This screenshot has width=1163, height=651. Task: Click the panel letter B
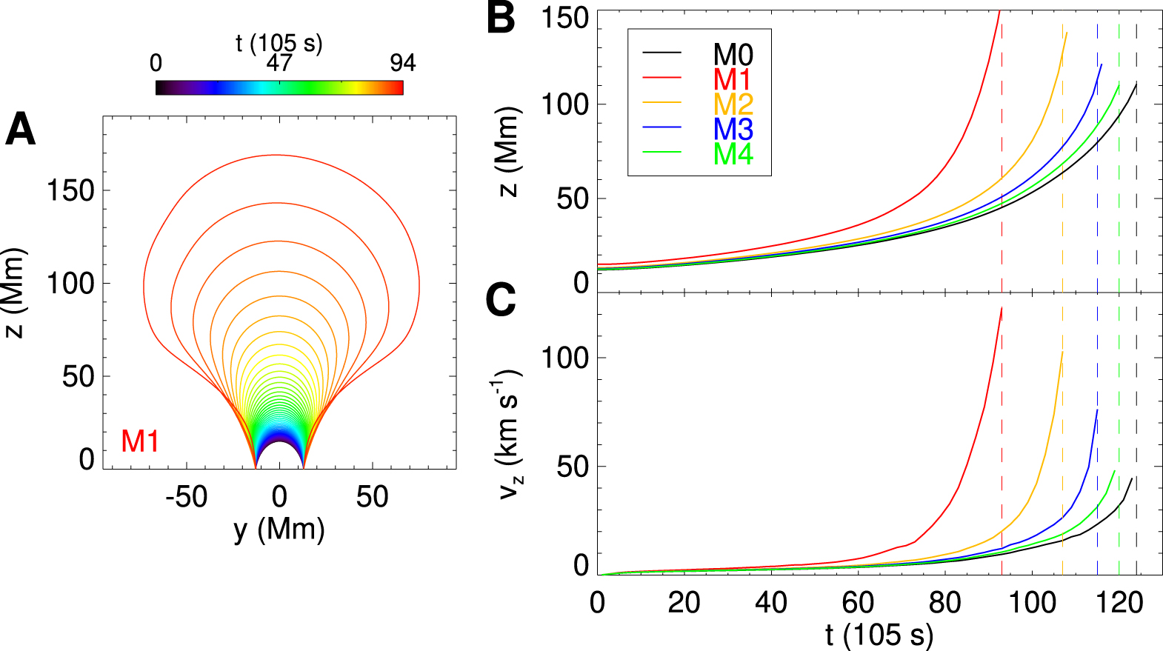(501, 18)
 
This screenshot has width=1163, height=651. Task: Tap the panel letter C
(501, 300)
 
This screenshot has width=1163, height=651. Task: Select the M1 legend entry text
(733, 79)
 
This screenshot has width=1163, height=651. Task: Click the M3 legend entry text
(733, 130)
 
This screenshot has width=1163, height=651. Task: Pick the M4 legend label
(733, 155)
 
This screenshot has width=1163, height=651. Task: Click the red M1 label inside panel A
(140, 441)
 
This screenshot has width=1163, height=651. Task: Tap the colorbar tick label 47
(279, 63)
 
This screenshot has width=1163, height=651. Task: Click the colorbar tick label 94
(403, 63)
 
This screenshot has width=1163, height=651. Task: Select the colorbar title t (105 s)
(279, 43)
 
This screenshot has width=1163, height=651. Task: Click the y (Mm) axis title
(279, 530)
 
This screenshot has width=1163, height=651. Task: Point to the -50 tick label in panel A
(187, 497)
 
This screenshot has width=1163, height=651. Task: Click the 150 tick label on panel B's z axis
(564, 18)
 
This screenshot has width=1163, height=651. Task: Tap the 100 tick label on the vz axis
(564, 358)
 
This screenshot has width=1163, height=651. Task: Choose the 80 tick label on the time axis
(945, 603)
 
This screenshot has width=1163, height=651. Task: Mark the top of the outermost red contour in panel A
(276, 155)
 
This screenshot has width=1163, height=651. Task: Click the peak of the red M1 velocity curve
(1002, 307)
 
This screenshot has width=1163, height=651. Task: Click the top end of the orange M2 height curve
(1067, 33)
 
